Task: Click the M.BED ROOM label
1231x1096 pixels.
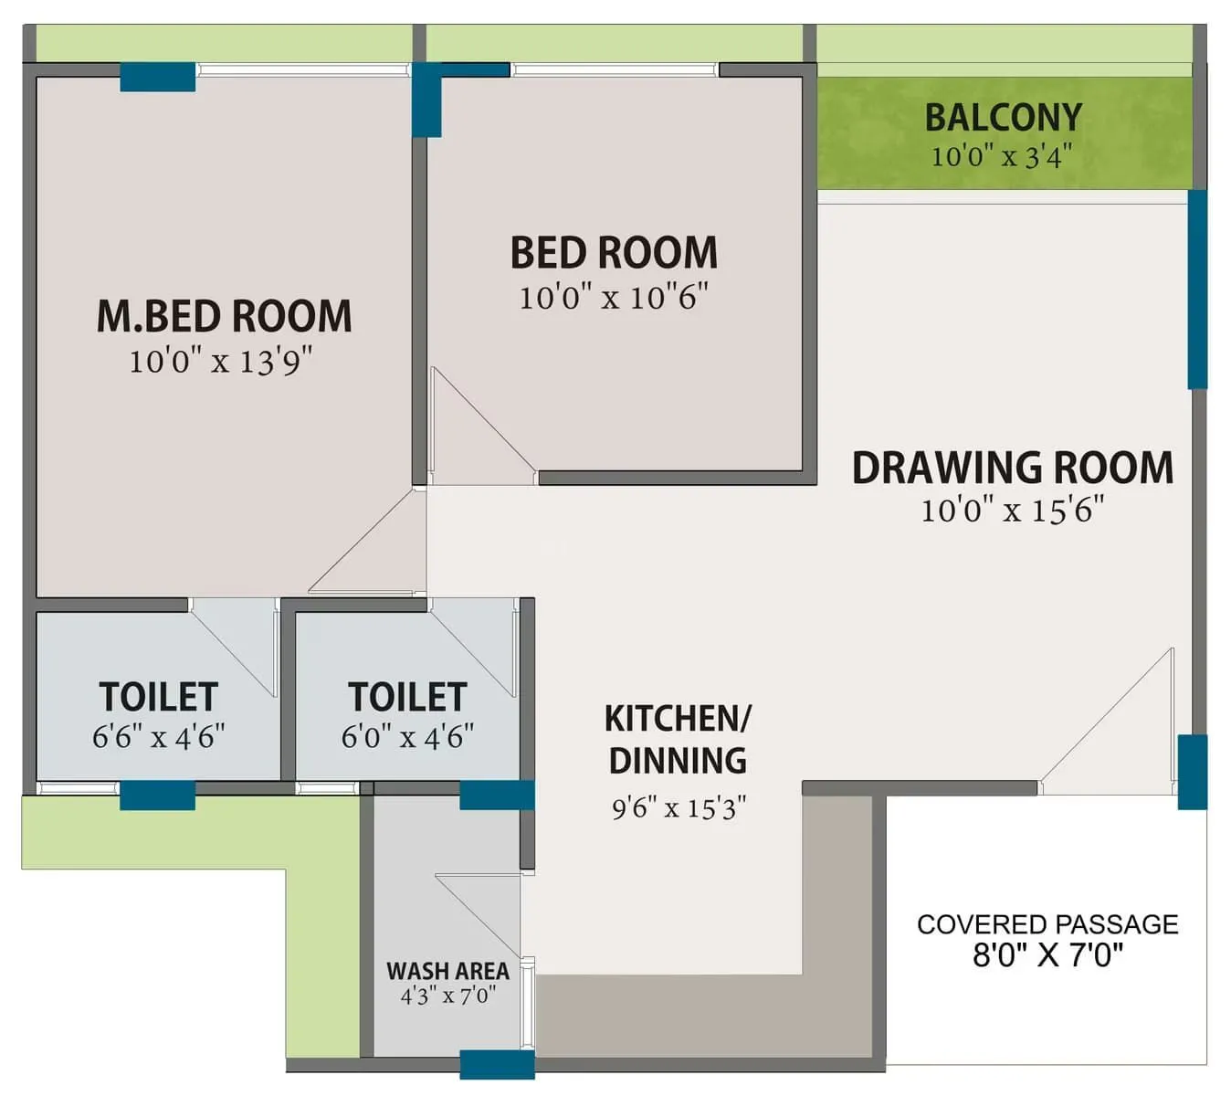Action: coord(224,316)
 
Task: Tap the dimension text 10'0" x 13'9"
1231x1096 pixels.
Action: coord(220,362)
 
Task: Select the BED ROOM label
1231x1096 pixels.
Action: coord(614,253)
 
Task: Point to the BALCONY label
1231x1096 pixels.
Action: coord(1003,118)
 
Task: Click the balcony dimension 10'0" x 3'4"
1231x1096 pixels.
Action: coord(1001,156)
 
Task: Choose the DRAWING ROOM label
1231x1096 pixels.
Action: coord(1012,468)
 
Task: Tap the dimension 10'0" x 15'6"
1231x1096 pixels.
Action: coord(1012,510)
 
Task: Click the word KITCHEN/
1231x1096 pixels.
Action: coord(677,719)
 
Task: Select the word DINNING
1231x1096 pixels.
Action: coord(678,760)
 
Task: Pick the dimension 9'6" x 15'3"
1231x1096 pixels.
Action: coord(679,808)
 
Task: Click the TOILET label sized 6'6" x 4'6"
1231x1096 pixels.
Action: coord(158,697)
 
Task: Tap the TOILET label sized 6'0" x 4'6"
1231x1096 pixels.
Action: coord(407,697)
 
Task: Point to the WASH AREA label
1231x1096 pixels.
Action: coord(447,971)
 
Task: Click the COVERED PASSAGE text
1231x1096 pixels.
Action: coord(1047,924)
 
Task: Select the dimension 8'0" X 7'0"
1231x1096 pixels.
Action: coord(1047,955)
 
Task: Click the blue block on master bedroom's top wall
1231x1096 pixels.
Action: coord(157,77)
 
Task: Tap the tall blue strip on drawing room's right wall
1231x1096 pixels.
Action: coord(1196,289)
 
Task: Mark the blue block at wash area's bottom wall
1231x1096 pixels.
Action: coord(497,1064)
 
